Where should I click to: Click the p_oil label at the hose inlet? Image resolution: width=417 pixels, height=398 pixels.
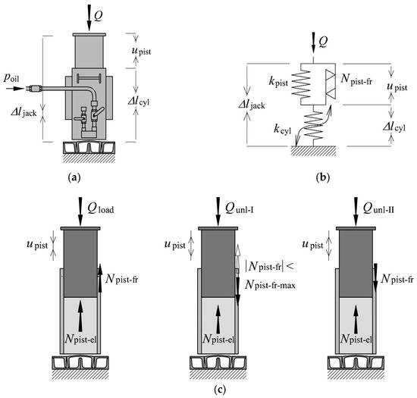[11, 78]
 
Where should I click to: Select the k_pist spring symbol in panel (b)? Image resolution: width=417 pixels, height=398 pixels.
[301, 83]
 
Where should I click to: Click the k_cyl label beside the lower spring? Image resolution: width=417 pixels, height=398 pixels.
[283, 129]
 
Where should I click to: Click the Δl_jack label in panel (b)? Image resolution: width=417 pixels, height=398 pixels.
[252, 105]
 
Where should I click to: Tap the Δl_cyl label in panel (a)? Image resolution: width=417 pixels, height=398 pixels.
[138, 102]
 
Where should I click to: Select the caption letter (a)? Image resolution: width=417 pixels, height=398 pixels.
[74, 177]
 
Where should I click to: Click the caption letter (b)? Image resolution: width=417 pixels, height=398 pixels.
[322, 177]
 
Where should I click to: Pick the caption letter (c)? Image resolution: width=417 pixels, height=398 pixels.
[220, 390]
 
